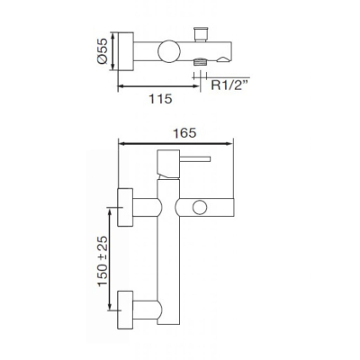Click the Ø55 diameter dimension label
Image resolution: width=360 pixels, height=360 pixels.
point(102,50)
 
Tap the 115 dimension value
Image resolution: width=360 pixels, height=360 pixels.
point(160,99)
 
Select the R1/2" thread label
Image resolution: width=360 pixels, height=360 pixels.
point(229,85)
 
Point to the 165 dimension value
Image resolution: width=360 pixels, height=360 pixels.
point(184,133)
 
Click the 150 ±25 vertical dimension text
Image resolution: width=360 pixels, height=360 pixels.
point(103,261)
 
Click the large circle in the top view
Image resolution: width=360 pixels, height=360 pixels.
point(169,51)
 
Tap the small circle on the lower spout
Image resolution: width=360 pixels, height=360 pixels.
point(199,208)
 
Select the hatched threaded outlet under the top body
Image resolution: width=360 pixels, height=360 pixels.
point(201,62)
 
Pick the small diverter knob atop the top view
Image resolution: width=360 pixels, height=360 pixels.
point(201,34)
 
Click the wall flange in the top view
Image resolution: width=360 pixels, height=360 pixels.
point(126,51)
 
